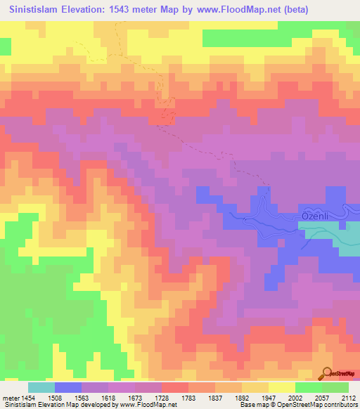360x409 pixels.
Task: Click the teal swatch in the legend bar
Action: (x=41, y=387)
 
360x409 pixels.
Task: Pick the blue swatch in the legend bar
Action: (x=68, y=387)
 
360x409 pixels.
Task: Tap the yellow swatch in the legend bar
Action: (x=282, y=387)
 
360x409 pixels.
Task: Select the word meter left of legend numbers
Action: (x=10, y=397)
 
